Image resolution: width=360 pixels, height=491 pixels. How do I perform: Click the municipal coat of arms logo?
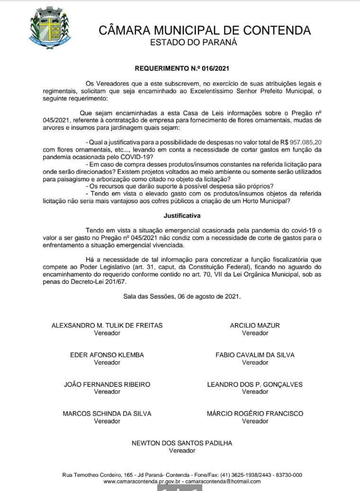point(50,27)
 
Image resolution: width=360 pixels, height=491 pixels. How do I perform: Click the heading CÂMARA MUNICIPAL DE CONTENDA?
point(205,30)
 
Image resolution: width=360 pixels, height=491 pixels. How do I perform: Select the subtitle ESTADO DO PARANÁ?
point(193,43)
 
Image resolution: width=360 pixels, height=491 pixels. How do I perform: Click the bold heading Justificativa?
point(182,215)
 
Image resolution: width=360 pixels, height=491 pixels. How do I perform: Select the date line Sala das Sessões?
point(182,296)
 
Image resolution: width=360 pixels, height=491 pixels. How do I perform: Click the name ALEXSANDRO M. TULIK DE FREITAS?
point(107,325)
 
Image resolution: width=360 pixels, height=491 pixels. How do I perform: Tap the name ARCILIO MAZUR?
point(255,325)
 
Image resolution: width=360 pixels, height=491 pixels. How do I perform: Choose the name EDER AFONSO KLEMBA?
point(107,355)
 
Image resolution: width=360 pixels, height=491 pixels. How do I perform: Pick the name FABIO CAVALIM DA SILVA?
point(255,355)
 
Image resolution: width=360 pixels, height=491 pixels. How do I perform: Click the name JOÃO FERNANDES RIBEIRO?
point(107,384)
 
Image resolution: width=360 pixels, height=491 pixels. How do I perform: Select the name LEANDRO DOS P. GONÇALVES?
point(255,384)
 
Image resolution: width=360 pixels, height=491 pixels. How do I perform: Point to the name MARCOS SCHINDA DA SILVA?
point(107,413)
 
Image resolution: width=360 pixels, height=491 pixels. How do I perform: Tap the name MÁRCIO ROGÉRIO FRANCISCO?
point(255,413)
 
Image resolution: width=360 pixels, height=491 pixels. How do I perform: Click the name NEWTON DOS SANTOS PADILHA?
point(182,443)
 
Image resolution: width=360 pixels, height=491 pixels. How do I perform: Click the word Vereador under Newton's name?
point(182,451)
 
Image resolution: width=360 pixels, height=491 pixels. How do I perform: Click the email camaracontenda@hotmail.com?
point(223,482)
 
